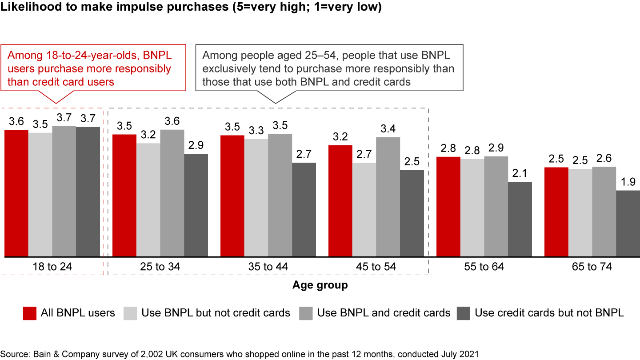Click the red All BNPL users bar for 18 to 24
(x=16, y=193)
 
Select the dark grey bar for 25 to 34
(x=196, y=205)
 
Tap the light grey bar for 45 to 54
(x=364, y=210)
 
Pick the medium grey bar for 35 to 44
(x=280, y=196)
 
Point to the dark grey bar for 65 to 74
(x=628, y=224)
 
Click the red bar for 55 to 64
(x=448, y=207)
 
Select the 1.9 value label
(x=628, y=182)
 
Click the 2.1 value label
(x=520, y=173)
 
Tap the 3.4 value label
(x=388, y=129)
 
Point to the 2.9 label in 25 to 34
(x=196, y=145)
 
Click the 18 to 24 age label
(x=52, y=267)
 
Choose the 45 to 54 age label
(x=376, y=267)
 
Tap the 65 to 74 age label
(x=592, y=267)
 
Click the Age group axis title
(x=320, y=285)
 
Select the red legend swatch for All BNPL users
(x=29, y=313)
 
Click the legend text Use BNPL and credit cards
(x=384, y=313)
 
